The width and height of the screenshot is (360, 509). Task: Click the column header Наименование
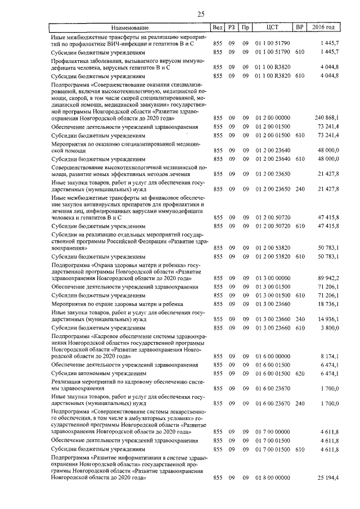129,27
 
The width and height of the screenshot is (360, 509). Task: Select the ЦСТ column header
272,27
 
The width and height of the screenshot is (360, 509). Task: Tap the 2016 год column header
326,27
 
